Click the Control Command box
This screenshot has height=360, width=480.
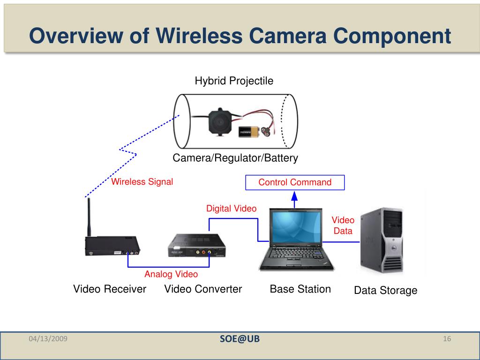295,182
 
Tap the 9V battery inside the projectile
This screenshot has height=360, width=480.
248,133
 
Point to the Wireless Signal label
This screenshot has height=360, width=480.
142,182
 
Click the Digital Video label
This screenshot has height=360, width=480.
232,209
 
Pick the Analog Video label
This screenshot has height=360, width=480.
171,274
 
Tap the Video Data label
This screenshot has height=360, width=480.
343,225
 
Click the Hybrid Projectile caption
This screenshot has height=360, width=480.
234,81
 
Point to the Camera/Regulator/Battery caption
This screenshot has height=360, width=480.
235,158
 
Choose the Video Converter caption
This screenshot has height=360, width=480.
203,289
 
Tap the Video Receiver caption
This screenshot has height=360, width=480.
110,289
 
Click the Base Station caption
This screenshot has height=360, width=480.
300,289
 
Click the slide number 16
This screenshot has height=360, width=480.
446,339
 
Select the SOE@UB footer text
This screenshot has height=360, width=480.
240,339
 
